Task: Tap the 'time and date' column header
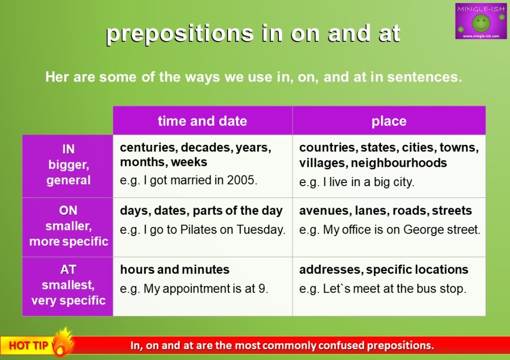[x=202, y=121]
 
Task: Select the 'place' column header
[x=389, y=121]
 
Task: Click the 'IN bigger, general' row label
[x=68, y=165]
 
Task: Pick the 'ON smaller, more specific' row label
[x=68, y=226]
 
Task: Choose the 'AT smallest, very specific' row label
[x=68, y=285]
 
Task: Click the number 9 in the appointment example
[x=263, y=289]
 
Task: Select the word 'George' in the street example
[x=425, y=229]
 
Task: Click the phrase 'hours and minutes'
[x=174, y=270]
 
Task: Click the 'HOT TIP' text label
[x=29, y=346]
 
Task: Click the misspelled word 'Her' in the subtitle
[x=57, y=77]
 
